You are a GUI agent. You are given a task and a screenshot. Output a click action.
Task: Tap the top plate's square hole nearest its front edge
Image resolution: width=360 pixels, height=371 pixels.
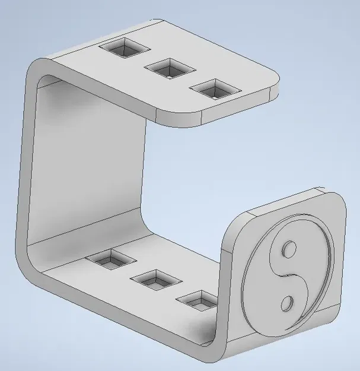[215, 89]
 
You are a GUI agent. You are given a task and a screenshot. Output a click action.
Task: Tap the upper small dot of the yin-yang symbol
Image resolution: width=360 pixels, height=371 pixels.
[290, 248]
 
